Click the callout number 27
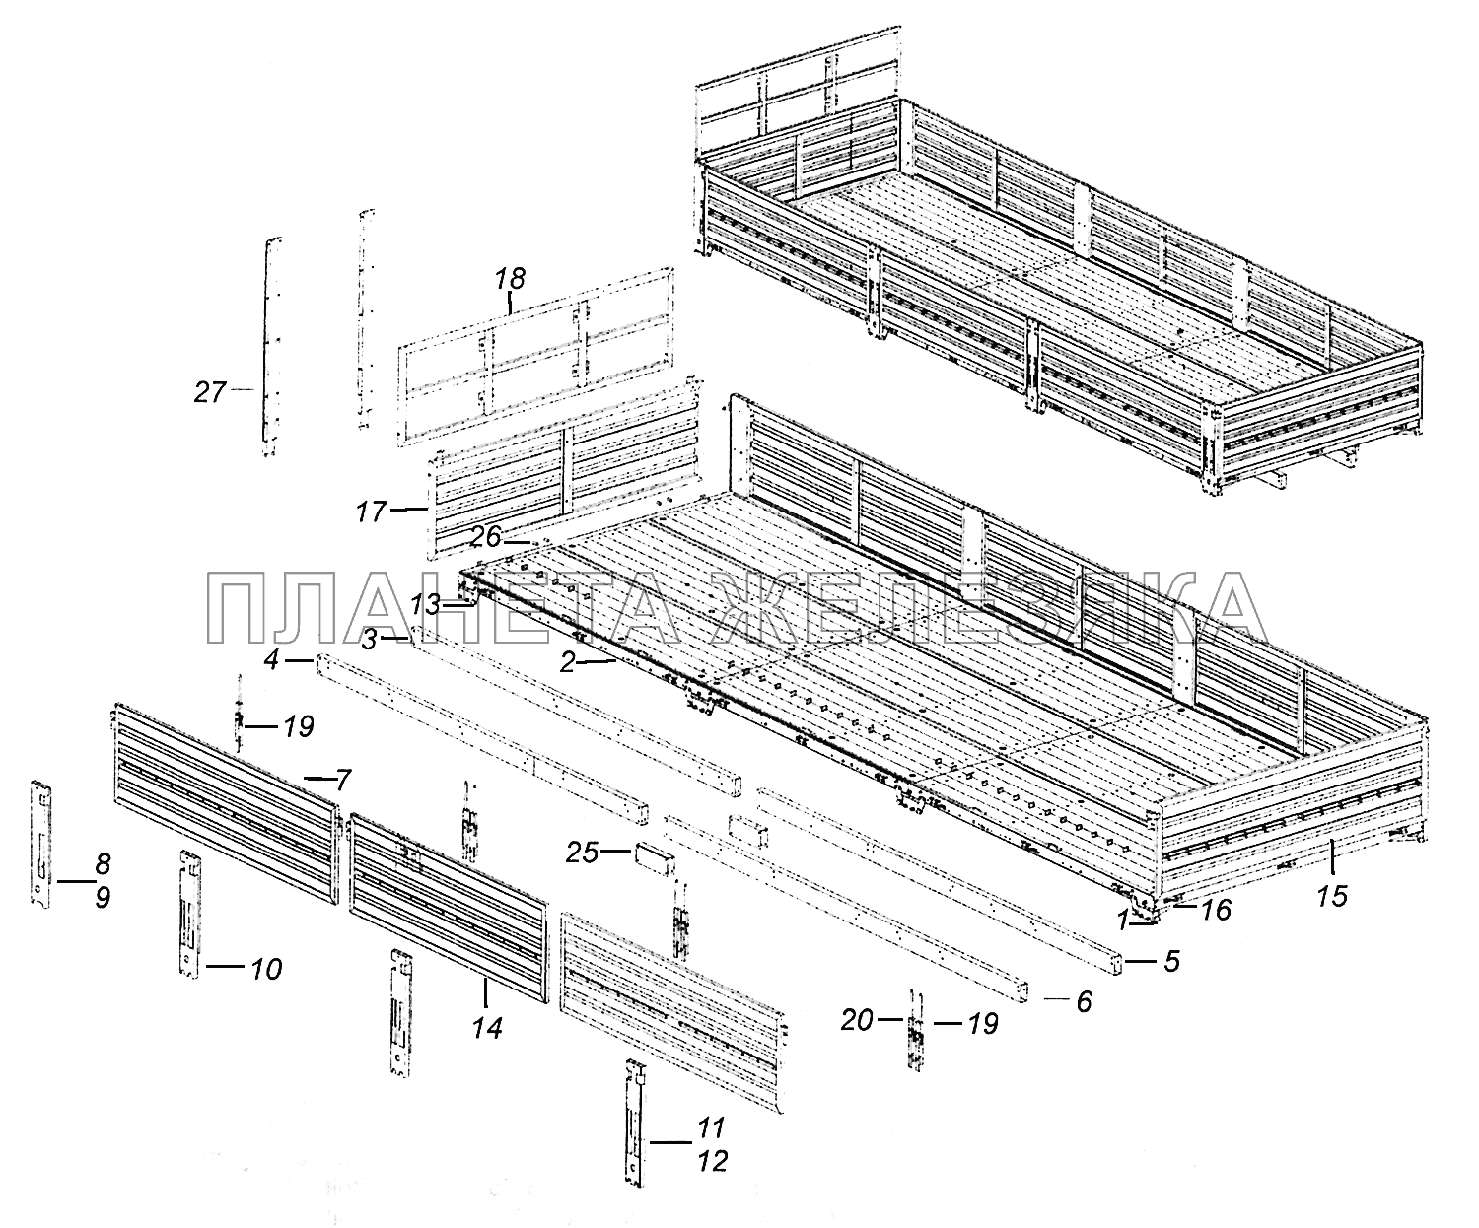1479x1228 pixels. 209,392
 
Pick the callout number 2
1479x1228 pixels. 567,663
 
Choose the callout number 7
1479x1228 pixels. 341,783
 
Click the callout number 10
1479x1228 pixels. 265,969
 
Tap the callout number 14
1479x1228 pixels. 487,1027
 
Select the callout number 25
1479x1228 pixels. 582,853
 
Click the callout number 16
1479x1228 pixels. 1217,909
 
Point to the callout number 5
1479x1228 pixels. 1170,961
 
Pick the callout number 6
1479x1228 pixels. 1083,1001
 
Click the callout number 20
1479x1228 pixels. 857,1021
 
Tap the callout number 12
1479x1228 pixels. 712,1161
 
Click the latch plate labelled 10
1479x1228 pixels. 189,912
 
